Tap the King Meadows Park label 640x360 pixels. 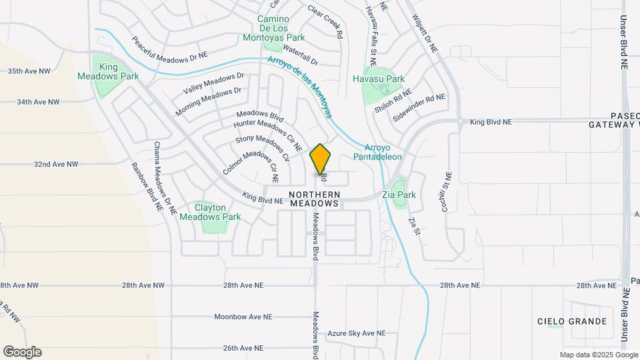(119, 71)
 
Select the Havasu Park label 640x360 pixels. (379, 79)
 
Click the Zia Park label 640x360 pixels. (399, 195)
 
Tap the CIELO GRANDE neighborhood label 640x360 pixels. (572, 321)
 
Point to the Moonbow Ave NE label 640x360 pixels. (243, 317)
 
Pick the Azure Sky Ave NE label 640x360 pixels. (357, 333)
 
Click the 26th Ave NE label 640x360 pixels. (247, 348)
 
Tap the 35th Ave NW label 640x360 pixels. (29, 71)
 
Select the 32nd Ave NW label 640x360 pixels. (56, 164)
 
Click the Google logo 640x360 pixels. (22, 352)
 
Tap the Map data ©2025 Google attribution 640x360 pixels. (598, 355)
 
